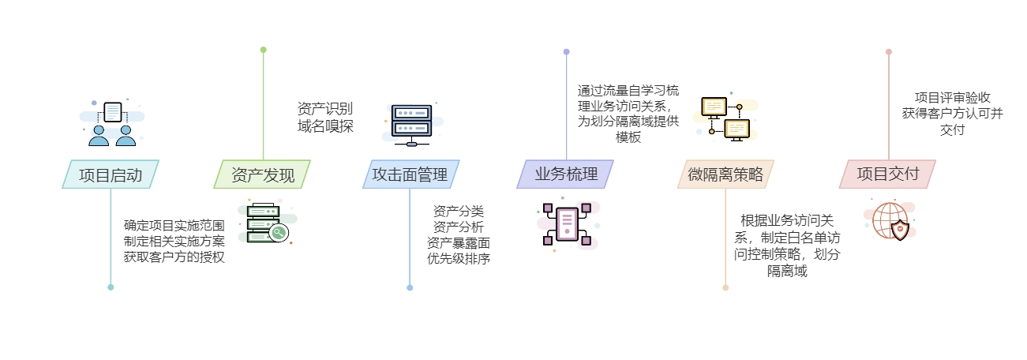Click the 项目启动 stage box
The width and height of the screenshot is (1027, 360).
tap(111, 174)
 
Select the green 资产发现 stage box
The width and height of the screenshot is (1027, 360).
tap(262, 174)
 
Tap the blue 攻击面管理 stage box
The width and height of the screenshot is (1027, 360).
tap(410, 174)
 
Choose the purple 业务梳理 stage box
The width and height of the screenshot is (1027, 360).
tap(565, 174)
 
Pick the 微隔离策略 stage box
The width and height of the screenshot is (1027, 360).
tap(725, 174)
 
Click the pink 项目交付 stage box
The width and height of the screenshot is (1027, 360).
tap(887, 174)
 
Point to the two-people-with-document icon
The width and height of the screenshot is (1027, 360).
tap(111, 124)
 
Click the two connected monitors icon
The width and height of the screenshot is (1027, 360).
tap(725, 118)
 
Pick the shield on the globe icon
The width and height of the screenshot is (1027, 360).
tap(899, 230)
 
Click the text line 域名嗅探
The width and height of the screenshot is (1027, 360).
tap(325, 126)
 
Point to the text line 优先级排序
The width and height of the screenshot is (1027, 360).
tap(458, 258)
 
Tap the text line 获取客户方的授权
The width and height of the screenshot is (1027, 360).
tap(174, 257)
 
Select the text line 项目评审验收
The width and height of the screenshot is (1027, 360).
tap(952, 97)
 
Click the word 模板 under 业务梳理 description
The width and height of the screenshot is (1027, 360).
tap(628, 137)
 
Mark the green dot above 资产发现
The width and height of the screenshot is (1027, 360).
tap(263, 50)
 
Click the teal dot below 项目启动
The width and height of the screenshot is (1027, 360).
tap(111, 287)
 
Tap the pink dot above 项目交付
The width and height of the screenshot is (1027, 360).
tap(889, 52)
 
